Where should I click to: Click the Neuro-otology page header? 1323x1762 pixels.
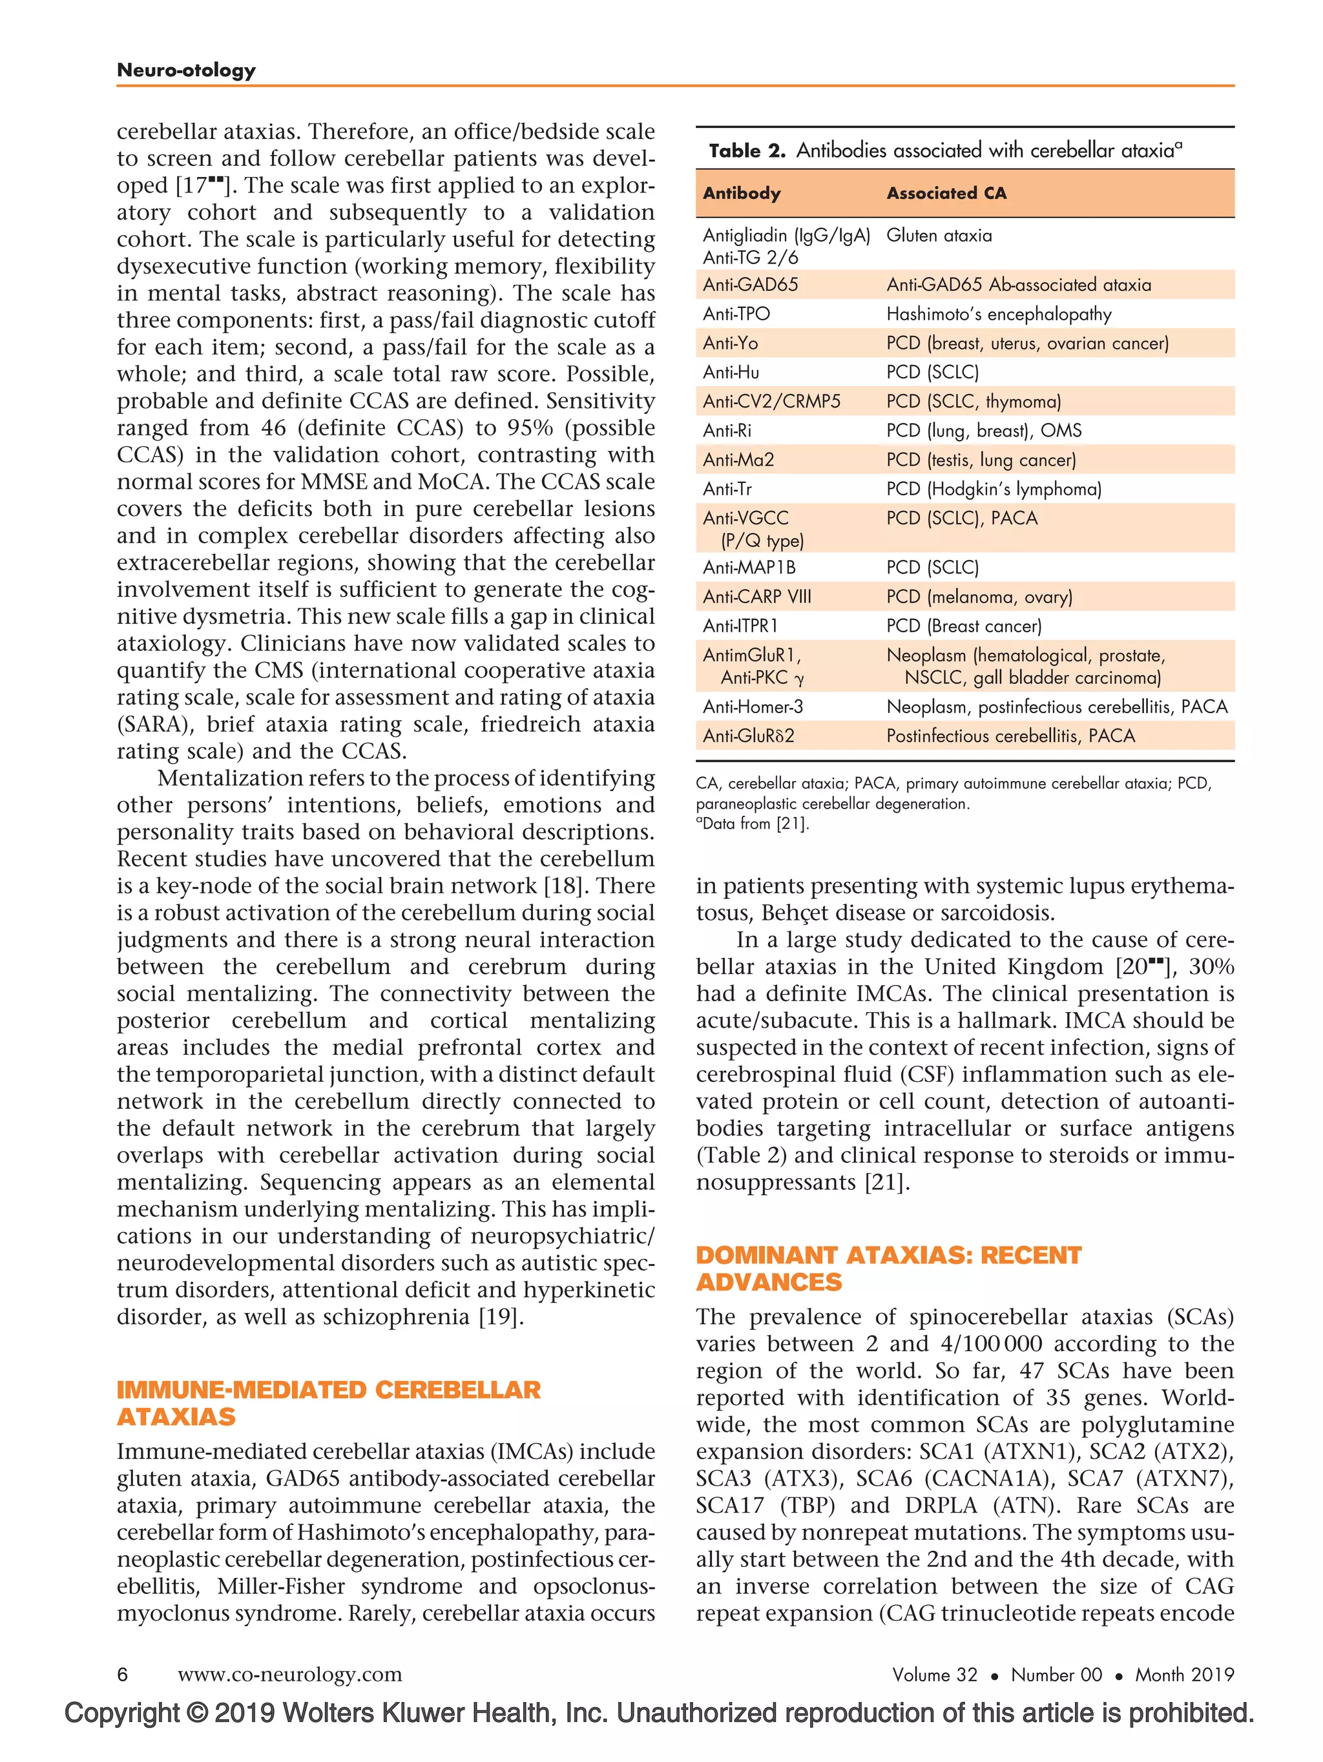tap(185, 70)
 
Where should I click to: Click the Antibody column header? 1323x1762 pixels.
tap(741, 194)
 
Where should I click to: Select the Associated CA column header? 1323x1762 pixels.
tap(946, 194)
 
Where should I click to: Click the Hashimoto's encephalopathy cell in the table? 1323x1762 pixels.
tap(998, 315)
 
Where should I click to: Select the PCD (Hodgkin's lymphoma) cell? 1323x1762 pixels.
tap(994, 489)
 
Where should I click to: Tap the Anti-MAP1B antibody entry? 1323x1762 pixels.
tap(748, 568)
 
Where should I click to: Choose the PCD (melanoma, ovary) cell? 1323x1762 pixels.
tap(979, 597)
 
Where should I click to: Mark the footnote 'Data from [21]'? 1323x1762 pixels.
tap(755, 824)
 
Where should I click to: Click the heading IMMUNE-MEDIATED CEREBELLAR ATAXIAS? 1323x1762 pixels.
tap(328, 1404)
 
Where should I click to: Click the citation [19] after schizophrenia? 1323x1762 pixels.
tap(499, 1317)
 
